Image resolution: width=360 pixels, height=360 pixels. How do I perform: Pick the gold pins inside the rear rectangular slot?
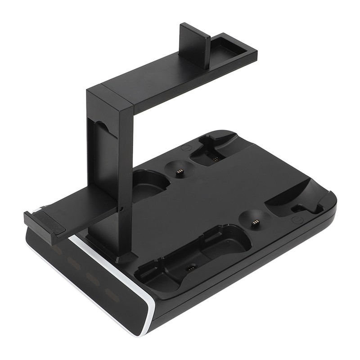(215, 158)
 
